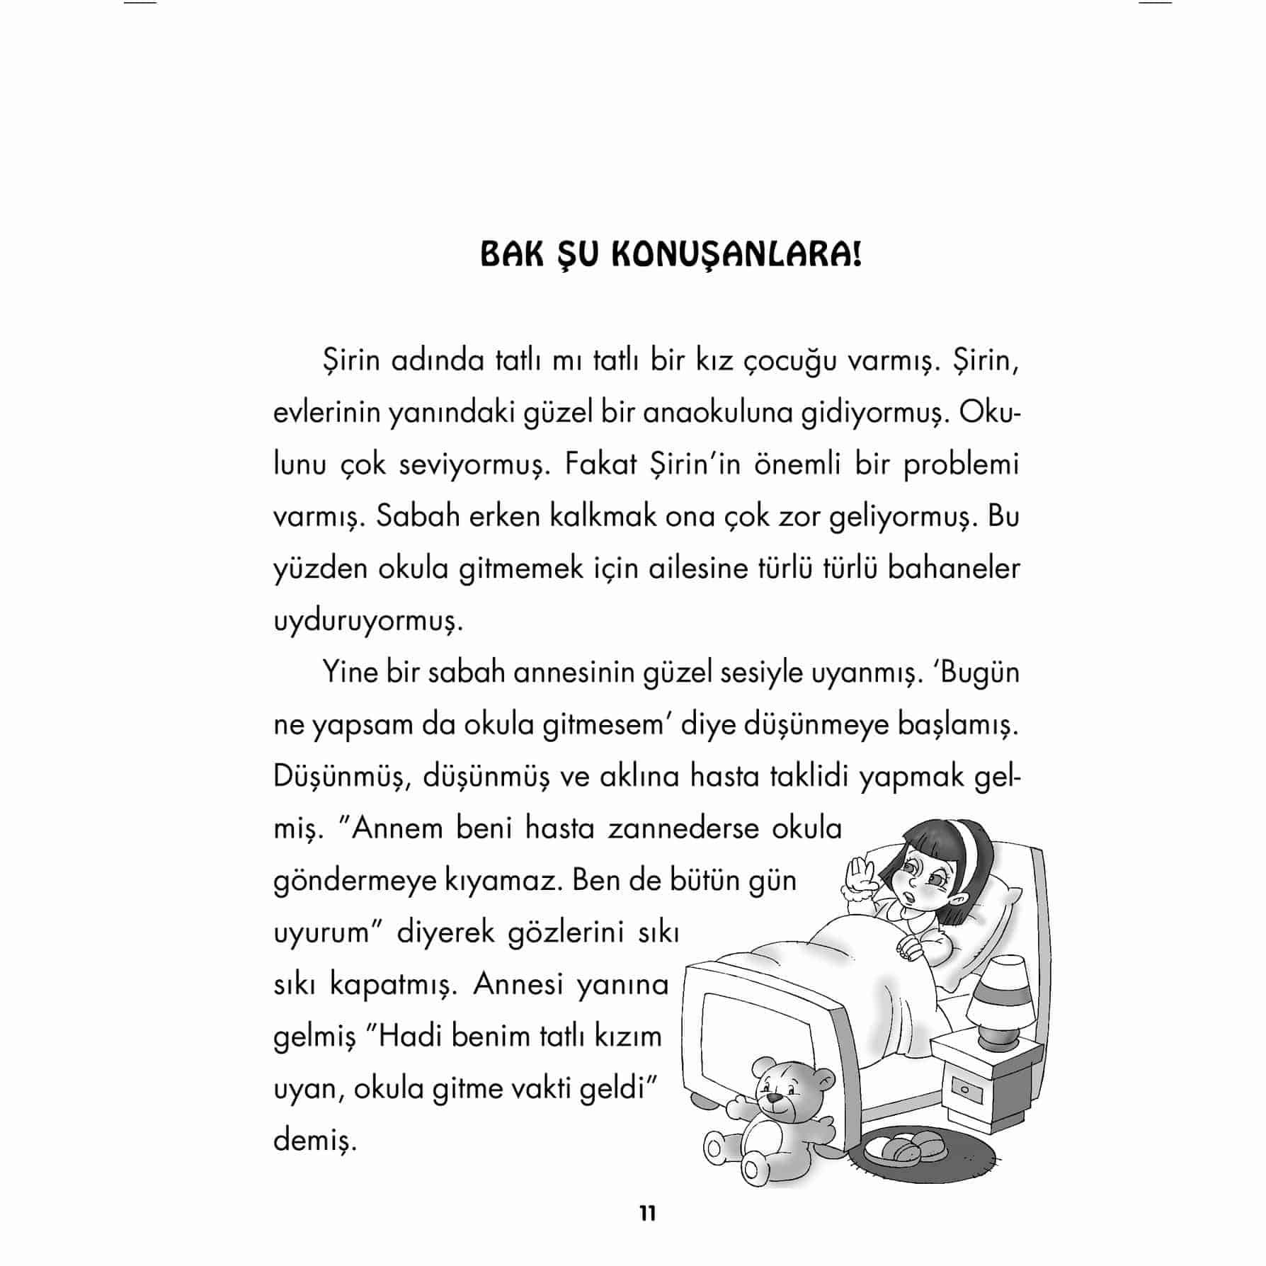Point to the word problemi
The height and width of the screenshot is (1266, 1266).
pos(962,465)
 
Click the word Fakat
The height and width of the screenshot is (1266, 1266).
pos(600,465)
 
